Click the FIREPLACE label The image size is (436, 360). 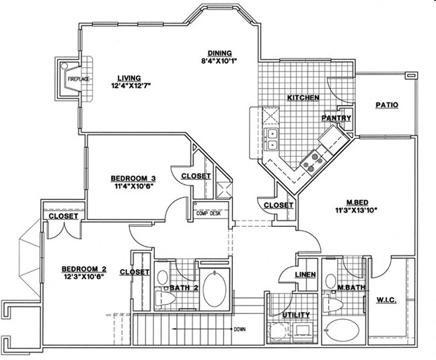pos(78,79)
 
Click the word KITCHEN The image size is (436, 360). pos(303,98)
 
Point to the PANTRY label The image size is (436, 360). pos(336,118)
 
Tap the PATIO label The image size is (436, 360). pos(387,105)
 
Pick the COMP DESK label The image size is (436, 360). pos(209,213)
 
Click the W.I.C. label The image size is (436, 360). pos(386,300)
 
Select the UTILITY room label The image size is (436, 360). pos(296,314)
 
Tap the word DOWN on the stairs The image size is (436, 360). pos(238,330)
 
